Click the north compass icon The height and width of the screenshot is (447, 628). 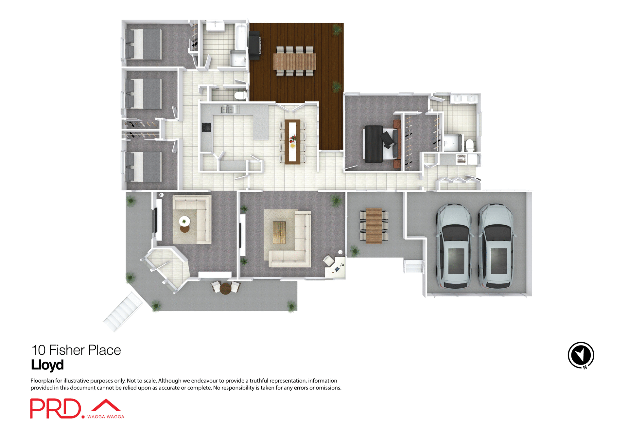coord(581,355)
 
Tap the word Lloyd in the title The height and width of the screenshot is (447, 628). coord(47,365)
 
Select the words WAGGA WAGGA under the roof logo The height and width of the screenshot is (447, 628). coord(106,417)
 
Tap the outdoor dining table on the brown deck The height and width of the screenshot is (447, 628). coord(295,61)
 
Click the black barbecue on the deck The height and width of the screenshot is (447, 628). coord(255,45)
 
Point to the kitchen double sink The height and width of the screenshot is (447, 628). coord(227,110)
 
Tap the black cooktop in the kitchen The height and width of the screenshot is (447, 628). coord(206,127)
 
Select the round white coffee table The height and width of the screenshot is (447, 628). coord(184,221)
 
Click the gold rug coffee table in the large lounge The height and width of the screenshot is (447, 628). coord(279,232)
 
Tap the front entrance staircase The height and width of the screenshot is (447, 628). coord(123,312)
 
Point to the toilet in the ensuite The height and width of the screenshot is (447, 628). coord(470,145)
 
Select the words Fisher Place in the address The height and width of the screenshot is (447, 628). coord(85,350)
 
